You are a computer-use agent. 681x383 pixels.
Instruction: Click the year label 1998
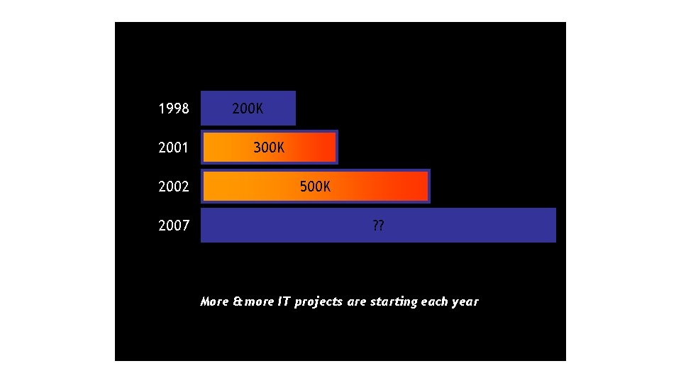[174, 109]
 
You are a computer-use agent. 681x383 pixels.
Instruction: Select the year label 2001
[174, 148]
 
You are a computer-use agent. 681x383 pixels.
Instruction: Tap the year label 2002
[174, 187]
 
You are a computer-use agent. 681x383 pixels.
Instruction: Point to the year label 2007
[174, 226]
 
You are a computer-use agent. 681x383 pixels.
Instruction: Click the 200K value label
[248, 109]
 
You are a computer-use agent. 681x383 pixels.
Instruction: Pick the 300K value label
[269, 148]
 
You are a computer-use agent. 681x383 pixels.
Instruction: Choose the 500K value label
[315, 187]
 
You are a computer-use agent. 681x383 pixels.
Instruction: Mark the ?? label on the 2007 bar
[378, 226]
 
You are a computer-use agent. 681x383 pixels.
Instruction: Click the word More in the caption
[214, 301]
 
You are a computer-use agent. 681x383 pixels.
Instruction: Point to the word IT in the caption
[283, 301]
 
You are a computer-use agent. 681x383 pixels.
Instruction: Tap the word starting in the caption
[394, 302]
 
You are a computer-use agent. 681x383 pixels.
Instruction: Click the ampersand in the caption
[237, 301]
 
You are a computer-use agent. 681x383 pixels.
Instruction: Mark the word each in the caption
[435, 301]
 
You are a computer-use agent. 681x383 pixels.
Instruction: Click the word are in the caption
[358, 302]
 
